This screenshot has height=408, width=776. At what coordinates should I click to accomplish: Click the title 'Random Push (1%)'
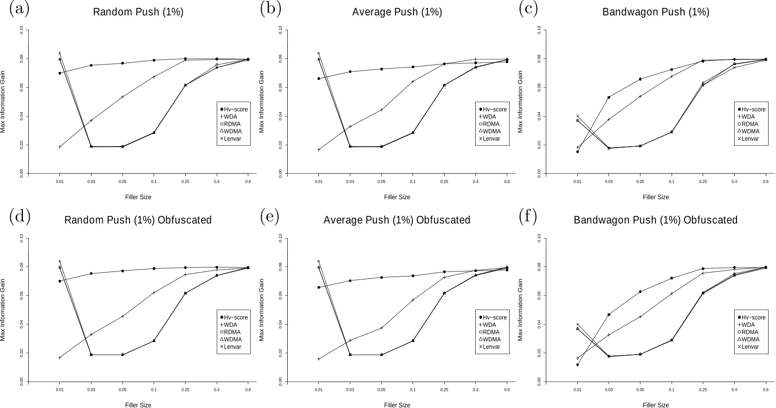pos(138,12)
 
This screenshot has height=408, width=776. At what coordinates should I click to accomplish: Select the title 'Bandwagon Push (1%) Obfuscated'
pos(655,220)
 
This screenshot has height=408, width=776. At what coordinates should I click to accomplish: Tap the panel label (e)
pos(270,216)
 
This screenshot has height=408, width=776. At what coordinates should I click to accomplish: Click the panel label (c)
pos(528,9)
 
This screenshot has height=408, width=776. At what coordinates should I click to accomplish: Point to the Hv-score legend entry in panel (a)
pos(234,110)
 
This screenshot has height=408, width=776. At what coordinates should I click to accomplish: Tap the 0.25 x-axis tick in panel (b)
pos(444,181)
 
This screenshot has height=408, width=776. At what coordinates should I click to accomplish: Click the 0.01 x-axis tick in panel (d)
pos(60,390)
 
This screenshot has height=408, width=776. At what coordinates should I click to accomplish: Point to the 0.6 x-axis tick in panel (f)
pos(766,390)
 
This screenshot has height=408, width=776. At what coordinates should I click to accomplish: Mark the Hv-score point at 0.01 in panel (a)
pos(60,73)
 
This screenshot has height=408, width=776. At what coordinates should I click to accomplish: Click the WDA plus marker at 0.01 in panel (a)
pos(60,147)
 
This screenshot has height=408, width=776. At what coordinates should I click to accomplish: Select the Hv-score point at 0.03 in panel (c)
pos(609,97)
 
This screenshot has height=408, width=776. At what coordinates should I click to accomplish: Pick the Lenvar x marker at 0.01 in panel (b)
pos(318,53)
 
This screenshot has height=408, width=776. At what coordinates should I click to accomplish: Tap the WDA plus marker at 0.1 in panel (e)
pos(413,300)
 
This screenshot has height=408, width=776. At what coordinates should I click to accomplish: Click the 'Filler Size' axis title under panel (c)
pos(656,197)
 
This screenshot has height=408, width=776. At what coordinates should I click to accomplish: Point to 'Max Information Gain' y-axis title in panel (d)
pos(3,310)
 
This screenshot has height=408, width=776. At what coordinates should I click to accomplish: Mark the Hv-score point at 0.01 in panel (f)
pos(577,365)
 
